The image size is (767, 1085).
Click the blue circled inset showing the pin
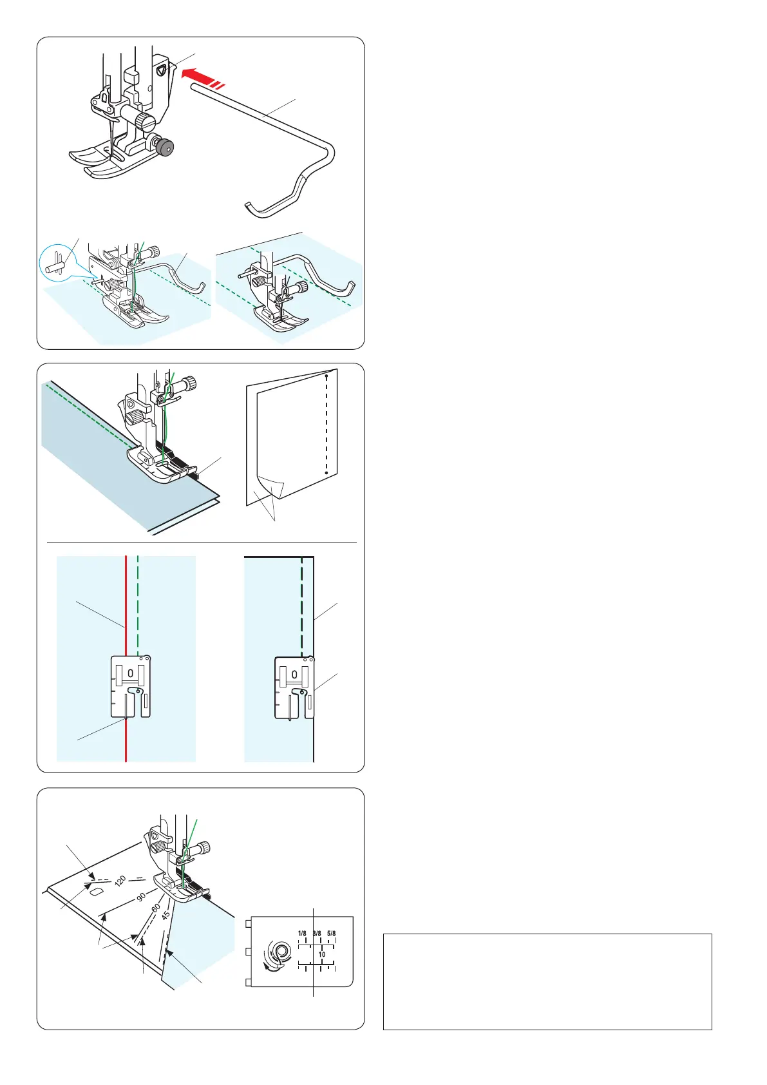point(57,263)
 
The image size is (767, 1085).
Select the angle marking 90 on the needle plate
point(141,897)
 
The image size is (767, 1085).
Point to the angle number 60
point(156,908)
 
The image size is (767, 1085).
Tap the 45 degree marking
point(166,915)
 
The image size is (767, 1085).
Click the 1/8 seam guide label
point(302,934)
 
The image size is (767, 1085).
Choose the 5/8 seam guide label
point(332,934)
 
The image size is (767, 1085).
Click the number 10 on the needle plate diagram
point(322,954)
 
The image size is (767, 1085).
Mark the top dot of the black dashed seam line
point(327,376)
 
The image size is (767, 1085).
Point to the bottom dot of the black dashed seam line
point(327,473)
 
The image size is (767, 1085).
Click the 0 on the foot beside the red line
point(130,673)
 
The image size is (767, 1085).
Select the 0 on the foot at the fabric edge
point(294,675)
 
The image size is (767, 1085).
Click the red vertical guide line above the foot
point(126,606)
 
